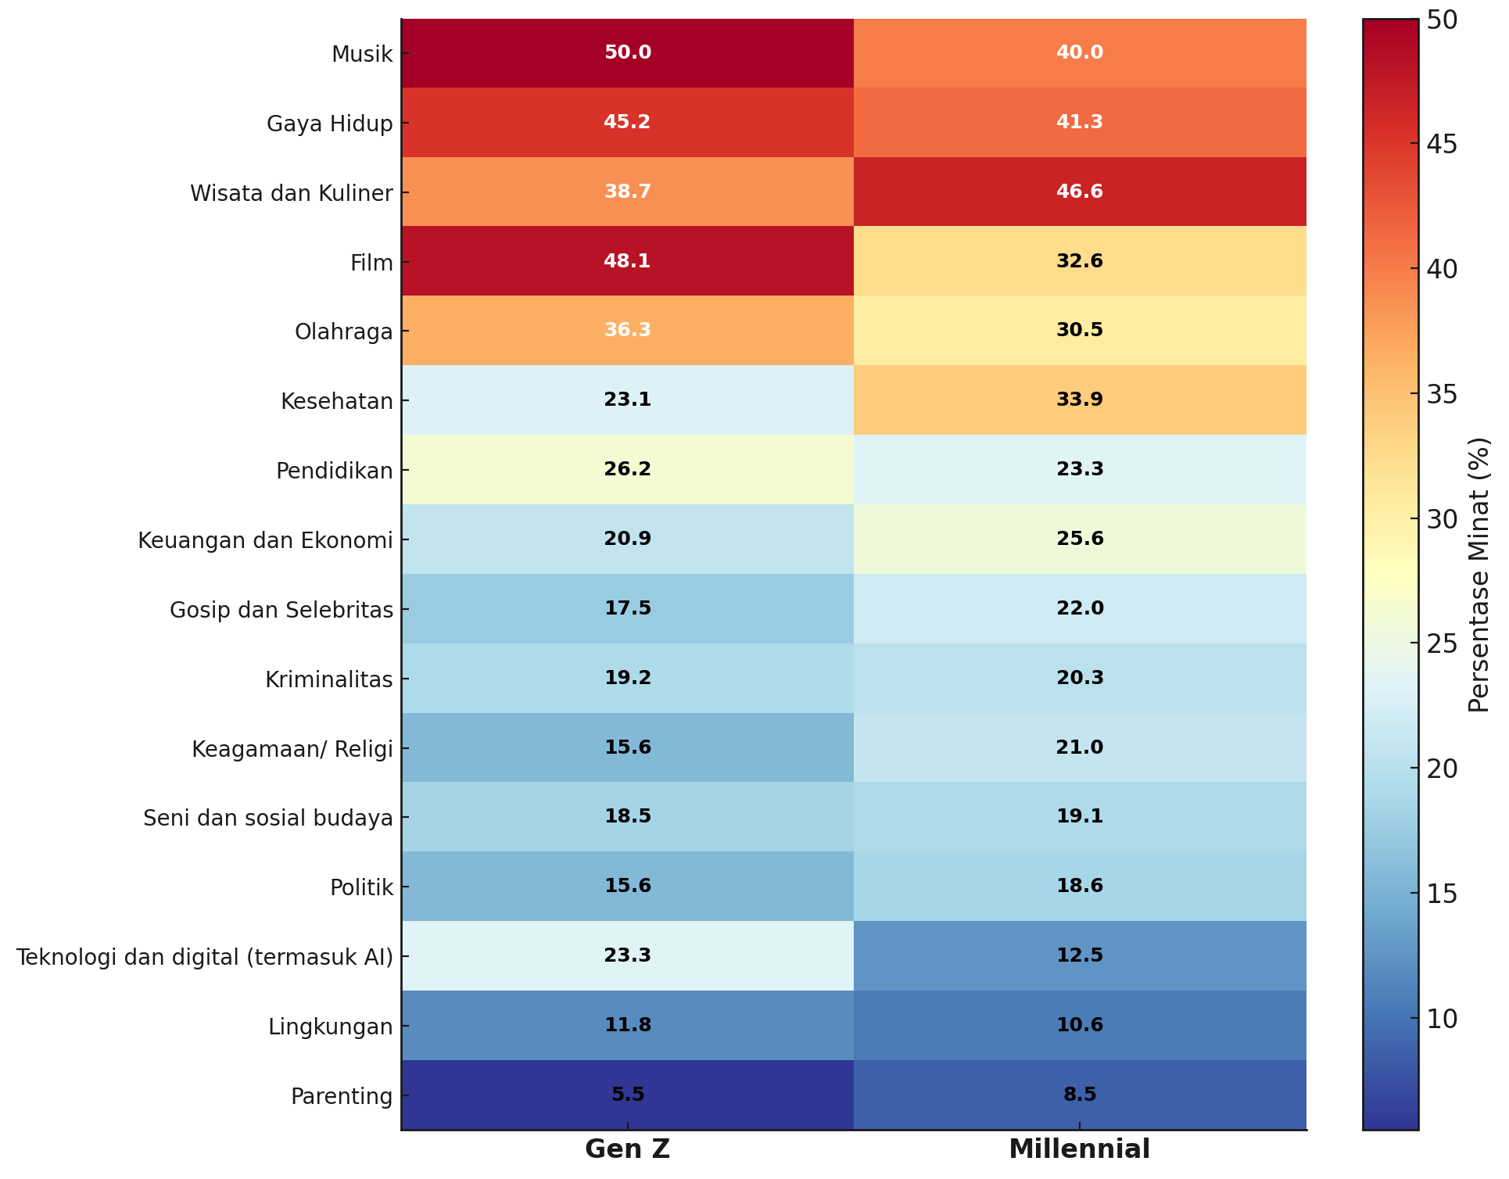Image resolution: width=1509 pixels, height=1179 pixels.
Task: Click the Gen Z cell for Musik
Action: (627, 53)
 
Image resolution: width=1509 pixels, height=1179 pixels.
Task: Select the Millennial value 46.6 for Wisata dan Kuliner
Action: (1080, 192)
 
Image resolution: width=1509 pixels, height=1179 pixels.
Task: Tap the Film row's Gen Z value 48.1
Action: (627, 261)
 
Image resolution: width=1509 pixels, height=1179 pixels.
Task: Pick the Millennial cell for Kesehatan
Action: (1080, 400)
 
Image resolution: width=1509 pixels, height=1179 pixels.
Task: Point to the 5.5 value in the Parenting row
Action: (627, 1095)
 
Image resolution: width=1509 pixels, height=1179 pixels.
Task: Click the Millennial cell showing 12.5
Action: (1080, 955)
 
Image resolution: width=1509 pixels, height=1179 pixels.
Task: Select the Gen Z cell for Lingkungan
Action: (627, 1025)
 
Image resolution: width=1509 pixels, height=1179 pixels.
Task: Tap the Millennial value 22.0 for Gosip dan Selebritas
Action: (1080, 608)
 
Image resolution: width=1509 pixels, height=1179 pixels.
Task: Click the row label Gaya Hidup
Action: (329, 124)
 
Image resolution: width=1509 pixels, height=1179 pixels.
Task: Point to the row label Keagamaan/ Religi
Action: (292, 750)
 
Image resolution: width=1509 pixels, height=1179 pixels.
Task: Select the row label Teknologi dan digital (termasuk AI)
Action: (205, 957)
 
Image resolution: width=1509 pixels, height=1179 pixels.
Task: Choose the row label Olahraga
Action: (343, 332)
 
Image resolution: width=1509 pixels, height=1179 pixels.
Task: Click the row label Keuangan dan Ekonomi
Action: (265, 541)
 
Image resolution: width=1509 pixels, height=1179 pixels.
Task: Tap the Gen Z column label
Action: (627, 1149)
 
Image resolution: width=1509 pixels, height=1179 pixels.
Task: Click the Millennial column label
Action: (1080, 1149)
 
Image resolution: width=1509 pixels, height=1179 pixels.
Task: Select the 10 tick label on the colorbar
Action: (1442, 1019)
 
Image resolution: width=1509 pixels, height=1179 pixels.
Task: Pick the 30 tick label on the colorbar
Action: (1442, 519)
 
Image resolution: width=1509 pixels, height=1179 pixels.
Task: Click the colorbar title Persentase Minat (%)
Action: (1479, 575)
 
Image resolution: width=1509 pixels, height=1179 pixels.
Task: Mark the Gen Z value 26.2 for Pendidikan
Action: (627, 469)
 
